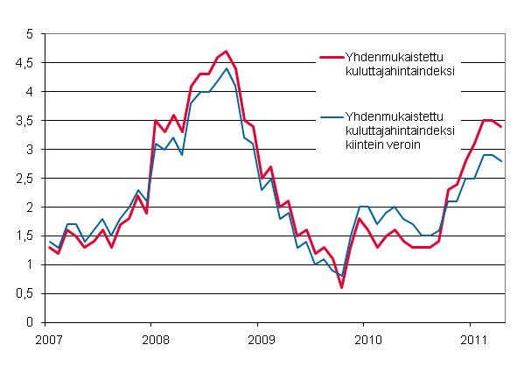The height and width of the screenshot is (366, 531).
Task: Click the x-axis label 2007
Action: [49, 339]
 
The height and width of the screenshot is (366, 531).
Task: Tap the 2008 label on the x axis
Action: [154, 339]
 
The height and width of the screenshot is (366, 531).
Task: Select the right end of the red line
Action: [500, 127]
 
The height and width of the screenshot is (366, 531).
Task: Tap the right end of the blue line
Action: [500, 161]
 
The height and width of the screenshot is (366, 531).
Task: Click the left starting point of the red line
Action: [49, 248]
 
